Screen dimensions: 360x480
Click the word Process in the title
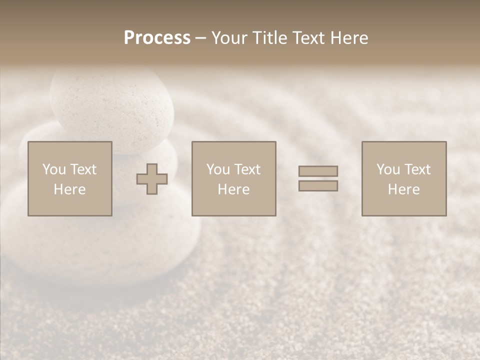157,38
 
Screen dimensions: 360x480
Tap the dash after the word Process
201,39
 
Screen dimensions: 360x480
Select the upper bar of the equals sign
318,171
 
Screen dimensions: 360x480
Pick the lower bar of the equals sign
318,186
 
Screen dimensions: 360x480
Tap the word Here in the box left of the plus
69,189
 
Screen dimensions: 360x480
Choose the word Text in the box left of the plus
82,169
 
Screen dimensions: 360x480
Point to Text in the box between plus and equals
246,169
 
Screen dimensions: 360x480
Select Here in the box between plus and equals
233,189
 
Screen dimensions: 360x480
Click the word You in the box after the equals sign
388,169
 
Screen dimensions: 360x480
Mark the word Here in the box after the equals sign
403,189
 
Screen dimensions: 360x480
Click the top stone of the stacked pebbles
112,105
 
